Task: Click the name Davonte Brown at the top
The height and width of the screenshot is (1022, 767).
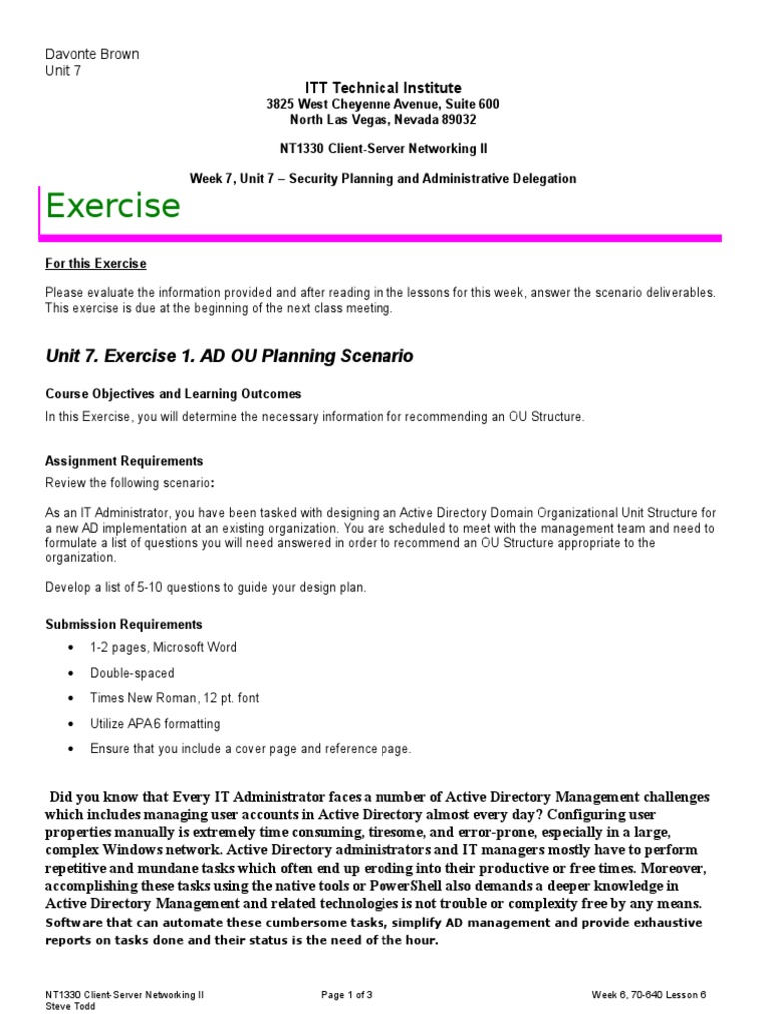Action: coord(92,54)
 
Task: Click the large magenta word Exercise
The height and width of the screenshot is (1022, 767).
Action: coord(113,205)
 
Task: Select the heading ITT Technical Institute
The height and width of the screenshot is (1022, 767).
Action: coord(383,88)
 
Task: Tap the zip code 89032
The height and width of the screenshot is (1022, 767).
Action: coord(458,119)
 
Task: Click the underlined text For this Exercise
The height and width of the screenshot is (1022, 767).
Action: coord(96,264)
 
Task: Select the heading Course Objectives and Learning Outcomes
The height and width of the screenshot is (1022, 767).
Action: coord(173,394)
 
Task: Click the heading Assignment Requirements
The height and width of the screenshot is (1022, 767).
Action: coord(124,461)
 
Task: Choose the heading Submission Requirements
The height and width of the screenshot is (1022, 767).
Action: coord(124,624)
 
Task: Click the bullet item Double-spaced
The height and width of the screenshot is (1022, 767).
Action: coord(132,673)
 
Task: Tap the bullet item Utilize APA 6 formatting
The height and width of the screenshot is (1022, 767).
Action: coord(155,723)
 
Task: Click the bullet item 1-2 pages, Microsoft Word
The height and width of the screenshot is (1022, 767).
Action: coord(163,648)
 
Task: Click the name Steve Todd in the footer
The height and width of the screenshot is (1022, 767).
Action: coord(69,1006)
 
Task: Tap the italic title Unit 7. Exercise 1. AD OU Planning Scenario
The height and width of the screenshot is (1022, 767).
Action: coord(230,356)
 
